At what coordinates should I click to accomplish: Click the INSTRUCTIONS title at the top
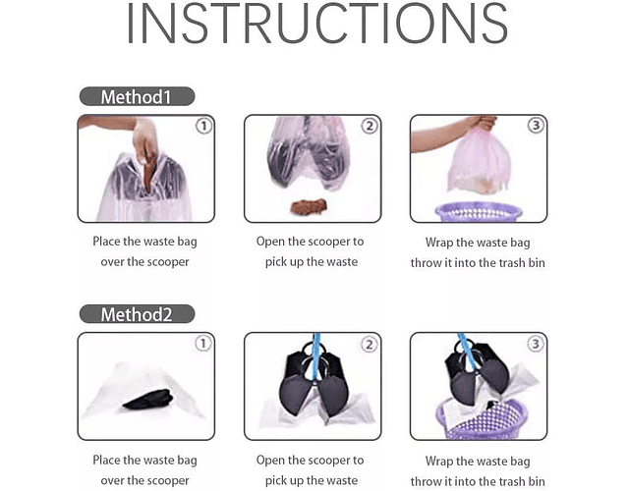point(316,24)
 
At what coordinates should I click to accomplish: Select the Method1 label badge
point(138,96)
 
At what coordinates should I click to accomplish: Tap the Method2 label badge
point(138,314)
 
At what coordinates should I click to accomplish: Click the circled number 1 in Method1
point(203,127)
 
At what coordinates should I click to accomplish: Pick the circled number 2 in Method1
point(370,126)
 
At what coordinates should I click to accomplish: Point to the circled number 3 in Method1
point(536,126)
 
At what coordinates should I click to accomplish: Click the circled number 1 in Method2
point(203,344)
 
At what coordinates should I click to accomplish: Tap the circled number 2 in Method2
point(370,344)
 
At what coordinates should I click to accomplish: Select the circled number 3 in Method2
point(535,344)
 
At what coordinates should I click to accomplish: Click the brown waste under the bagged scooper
point(309,207)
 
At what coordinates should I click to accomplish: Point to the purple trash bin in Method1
point(479,212)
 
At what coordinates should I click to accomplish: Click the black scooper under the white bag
point(148,400)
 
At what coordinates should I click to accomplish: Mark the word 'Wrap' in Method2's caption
point(439,461)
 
